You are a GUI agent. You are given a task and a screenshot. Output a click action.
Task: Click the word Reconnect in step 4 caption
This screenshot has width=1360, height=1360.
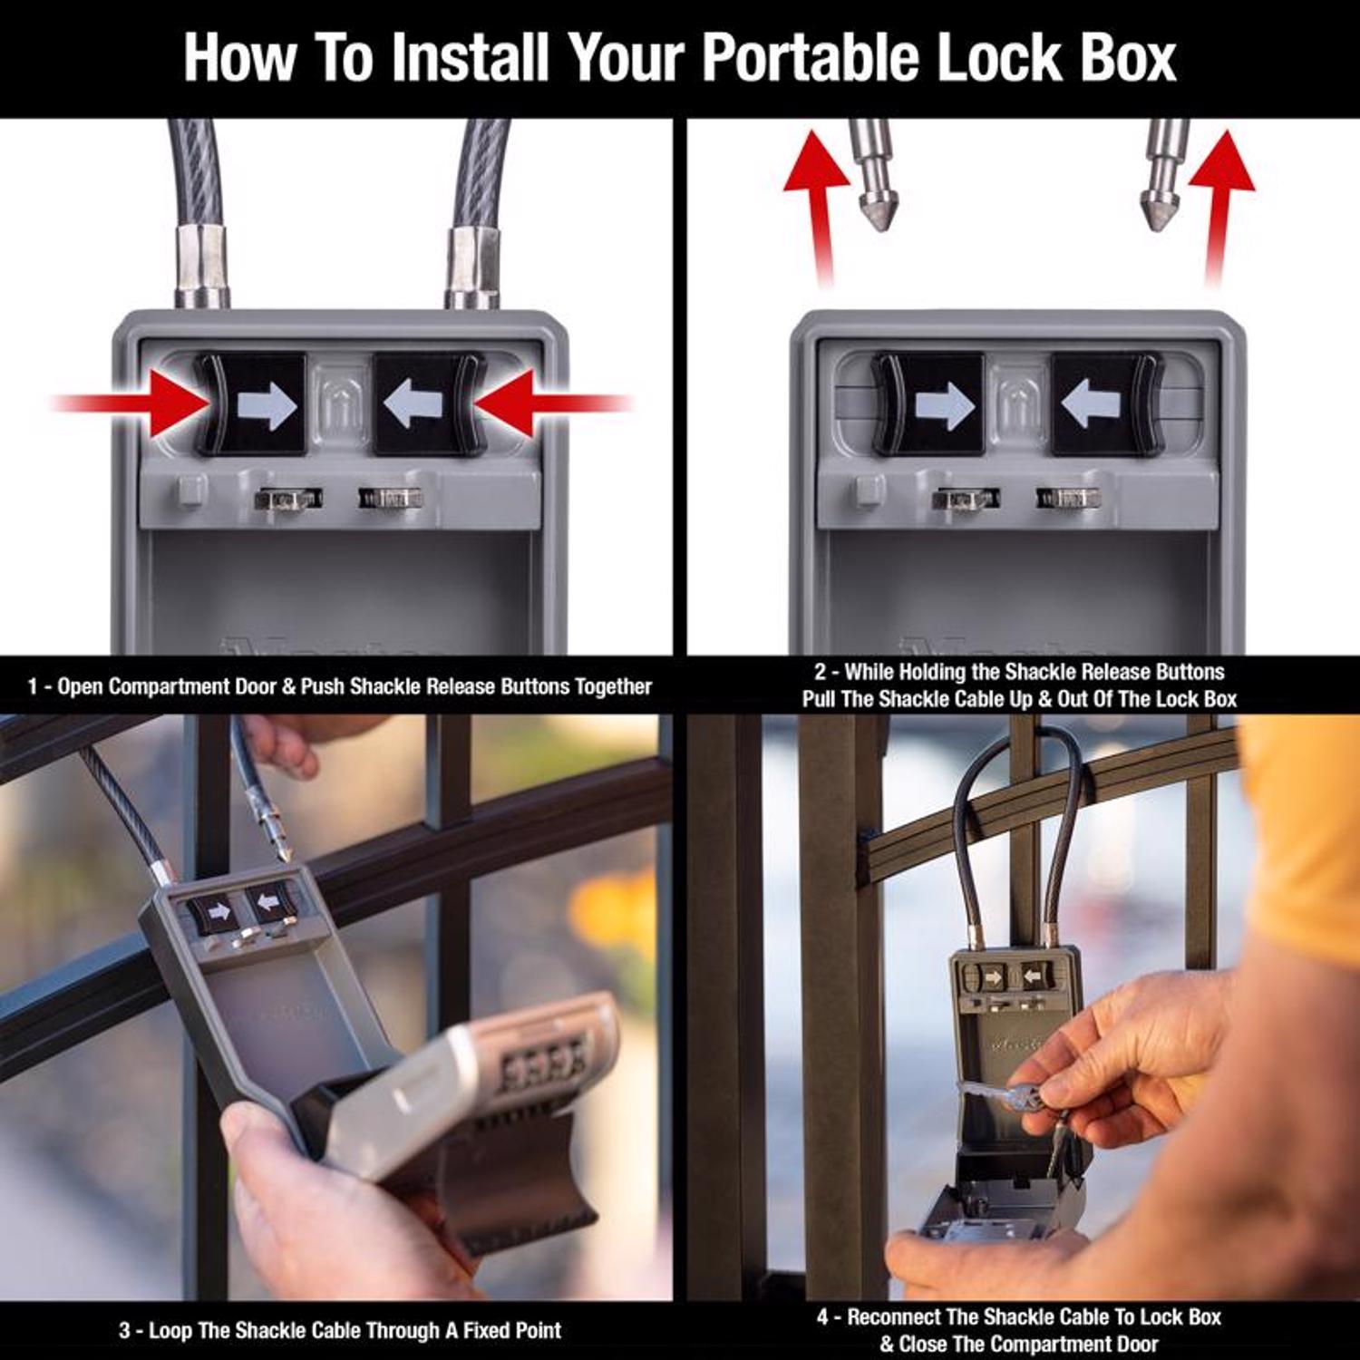(x=893, y=1317)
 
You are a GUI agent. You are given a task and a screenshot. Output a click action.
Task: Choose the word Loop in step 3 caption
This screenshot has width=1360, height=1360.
(x=170, y=1331)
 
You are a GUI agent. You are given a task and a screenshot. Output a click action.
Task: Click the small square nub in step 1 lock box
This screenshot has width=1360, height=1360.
(x=191, y=491)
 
